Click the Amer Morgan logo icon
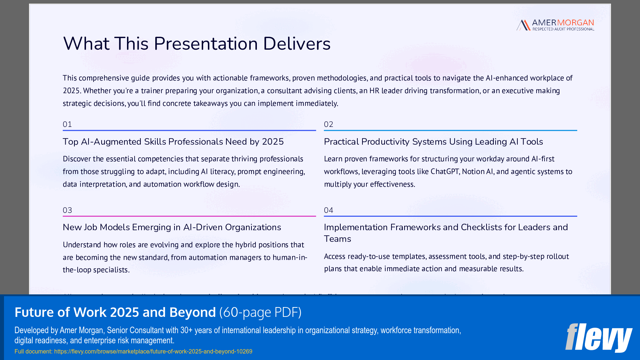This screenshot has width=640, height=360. pos(523,25)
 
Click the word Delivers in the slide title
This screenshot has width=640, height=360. pos(296,44)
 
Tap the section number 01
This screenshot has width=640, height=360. pos(67,124)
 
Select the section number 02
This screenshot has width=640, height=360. pos(328,124)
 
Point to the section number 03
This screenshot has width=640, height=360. pos(67,210)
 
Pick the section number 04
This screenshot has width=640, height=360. pos(328,210)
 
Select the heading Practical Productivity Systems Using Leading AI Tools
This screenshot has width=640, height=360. pos(433,142)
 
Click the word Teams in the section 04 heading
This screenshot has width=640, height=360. pos(337,239)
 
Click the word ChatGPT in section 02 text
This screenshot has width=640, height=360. pos(445,171)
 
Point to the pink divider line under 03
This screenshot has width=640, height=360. pos(189,216)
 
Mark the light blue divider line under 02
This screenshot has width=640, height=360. pos(450,131)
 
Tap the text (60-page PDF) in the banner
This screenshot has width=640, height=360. pos(260,312)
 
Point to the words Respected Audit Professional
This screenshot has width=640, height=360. pos(563,29)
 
